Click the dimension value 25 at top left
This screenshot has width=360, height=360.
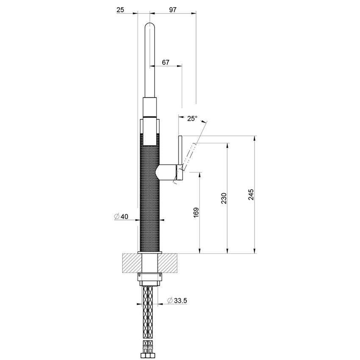tap(120, 9)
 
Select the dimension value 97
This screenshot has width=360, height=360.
tap(172, 9)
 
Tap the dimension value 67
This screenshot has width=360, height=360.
tap(166, 62)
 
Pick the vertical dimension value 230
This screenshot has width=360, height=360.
tap(224, 198)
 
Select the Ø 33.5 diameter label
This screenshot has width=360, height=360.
tap(177, 300)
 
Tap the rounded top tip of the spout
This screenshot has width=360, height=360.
tap(150, 26)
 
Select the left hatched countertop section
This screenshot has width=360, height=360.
tap(131, 263)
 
